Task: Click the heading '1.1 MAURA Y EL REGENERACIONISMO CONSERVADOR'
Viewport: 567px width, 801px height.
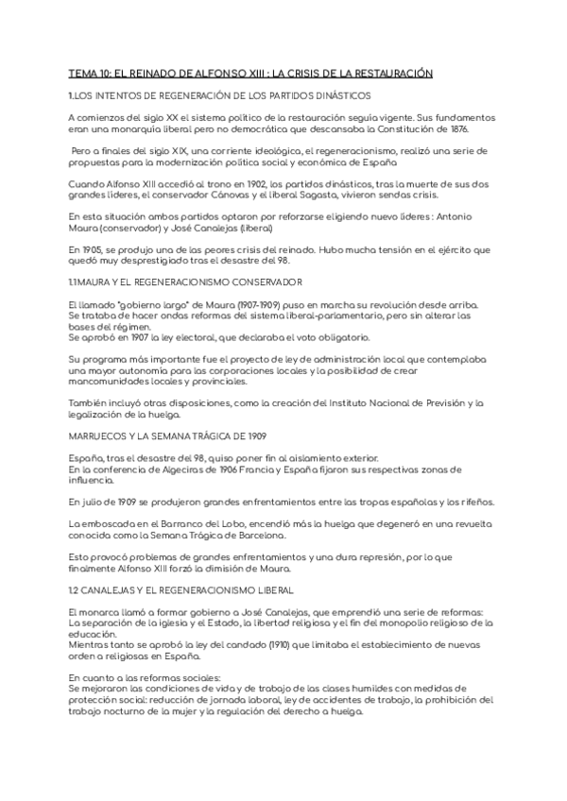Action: point(185,281)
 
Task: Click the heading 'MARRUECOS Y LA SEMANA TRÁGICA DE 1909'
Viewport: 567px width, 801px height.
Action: point(168,435)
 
